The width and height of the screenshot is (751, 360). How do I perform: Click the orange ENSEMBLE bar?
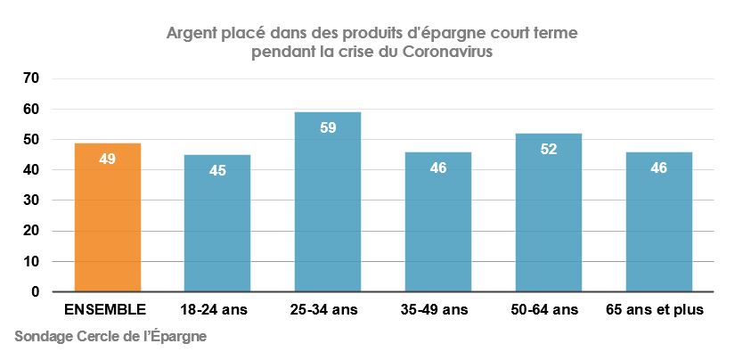point(108,217)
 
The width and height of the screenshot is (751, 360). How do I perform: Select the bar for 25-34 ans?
point(328,202)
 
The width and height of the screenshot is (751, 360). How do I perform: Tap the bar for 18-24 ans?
point(217,224)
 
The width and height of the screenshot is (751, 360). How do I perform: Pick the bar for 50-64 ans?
point(548,213)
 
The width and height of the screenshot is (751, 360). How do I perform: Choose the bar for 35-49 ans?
point(438,222)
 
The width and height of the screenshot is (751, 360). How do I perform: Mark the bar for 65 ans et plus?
point(658,222)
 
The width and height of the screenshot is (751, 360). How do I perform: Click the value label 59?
point(328,127)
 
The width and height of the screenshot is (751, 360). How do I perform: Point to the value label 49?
point(108,160)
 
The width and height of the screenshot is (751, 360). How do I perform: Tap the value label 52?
point(548,149)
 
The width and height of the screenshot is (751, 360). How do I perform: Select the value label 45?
point(217,170)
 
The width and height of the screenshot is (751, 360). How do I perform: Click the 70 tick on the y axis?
point(32,78)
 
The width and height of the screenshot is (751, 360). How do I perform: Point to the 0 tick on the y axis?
point(36,292)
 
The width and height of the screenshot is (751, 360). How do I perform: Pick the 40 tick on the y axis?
point(32,170)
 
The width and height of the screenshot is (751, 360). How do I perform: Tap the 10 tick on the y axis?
point(32,262)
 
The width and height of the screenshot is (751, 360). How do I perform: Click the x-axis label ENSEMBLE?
point(105,310)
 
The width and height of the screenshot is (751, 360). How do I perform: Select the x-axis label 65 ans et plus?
point(659,310)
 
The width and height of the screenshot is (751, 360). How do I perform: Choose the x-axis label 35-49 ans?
point(437,310)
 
